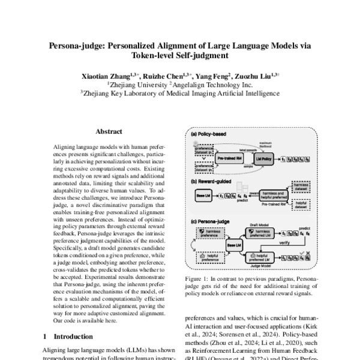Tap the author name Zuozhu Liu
253,76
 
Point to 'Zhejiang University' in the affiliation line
134,85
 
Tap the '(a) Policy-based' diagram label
210,136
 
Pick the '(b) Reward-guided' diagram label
213,182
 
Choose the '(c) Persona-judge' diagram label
214,223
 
